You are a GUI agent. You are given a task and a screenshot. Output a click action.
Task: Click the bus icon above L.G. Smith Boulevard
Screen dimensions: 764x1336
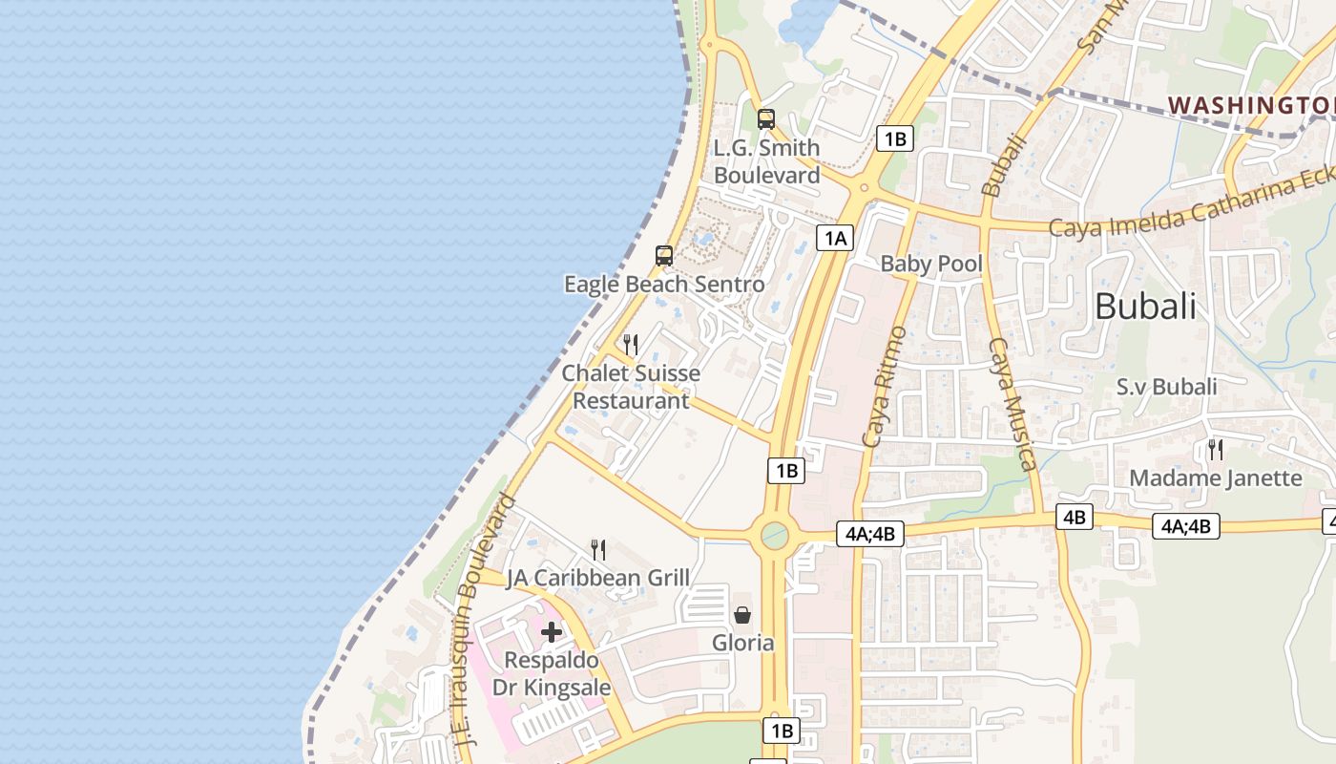[765, 119]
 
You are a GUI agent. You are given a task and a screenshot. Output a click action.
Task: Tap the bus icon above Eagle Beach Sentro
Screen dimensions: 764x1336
[664, 256]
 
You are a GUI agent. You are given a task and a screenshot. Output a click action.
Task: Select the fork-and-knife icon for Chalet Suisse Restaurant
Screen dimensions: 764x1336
[631, 344]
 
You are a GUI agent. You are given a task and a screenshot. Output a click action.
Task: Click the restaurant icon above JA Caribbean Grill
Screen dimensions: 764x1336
[598, 549]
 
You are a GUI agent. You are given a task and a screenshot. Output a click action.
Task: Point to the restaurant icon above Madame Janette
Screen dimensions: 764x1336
[1216, 449]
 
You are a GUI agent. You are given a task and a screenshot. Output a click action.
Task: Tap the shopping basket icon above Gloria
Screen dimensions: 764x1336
[742, 615]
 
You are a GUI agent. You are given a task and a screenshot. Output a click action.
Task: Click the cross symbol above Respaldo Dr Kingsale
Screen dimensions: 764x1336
[552, 631]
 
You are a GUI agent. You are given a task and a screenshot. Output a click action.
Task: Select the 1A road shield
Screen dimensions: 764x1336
[834, 238]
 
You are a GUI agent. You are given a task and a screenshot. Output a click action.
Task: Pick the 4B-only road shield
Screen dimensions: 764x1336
[1074, 518]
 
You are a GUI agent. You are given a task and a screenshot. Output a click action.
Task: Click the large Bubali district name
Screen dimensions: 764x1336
[1145, 307]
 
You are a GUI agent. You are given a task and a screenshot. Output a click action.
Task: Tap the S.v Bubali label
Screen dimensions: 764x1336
[1166, 387]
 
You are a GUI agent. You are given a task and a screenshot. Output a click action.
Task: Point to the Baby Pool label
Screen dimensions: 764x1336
[931, 264]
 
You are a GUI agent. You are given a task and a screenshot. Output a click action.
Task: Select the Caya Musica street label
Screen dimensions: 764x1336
[1012, 404]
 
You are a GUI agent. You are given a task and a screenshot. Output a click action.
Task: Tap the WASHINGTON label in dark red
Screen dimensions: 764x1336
[1251, 104]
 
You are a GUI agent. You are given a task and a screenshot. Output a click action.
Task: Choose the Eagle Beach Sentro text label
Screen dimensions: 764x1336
[664, 285]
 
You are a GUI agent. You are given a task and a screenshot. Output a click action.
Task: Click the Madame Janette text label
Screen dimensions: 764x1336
[1216, 477]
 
